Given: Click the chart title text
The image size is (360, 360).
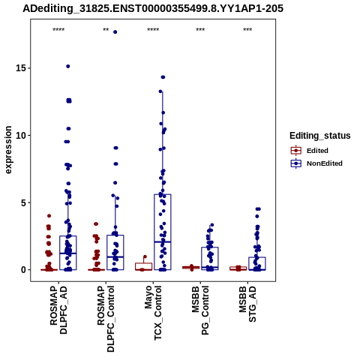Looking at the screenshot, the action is pos(153,8).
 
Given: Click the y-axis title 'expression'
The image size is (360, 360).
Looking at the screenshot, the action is pos(8,150).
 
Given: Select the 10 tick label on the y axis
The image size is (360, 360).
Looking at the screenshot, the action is pos(21,135).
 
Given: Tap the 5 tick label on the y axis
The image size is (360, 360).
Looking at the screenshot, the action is pos(23,202).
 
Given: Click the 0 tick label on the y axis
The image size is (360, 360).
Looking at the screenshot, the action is pos(23,270).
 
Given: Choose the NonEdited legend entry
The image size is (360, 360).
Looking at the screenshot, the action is pos(316,163).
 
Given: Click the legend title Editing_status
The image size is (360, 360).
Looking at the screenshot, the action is pos(320,136).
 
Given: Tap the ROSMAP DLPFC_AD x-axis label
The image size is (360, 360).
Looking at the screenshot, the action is pos(58,310).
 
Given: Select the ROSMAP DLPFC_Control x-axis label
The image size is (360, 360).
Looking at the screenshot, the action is pos(106,319).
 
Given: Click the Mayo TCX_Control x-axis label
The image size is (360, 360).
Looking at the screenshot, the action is pos(153,313).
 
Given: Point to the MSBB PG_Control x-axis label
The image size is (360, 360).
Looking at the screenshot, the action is pos(200,310).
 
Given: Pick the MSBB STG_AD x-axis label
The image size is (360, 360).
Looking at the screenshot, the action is pos(247,304).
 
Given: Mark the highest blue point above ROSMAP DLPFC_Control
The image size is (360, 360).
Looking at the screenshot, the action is pos(115,32).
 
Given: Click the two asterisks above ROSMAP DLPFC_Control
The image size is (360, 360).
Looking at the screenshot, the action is pos(106,30).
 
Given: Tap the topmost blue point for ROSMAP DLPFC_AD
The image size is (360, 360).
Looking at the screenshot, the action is pos(68,66).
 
